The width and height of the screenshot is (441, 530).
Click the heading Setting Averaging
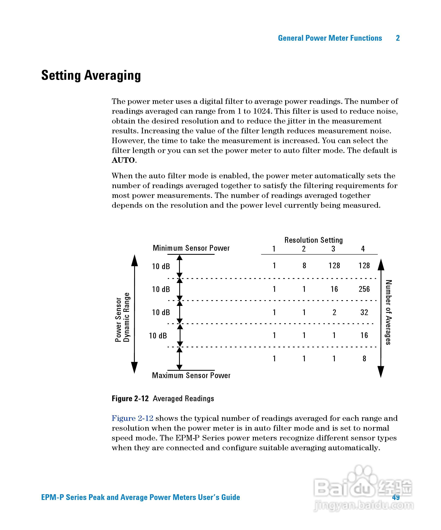click(91, 75)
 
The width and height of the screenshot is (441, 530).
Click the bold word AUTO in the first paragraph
click(123, 160)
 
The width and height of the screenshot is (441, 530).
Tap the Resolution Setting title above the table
click(313, 240)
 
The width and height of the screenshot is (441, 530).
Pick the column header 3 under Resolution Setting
click(333, 249)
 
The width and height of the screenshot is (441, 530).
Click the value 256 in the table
click(364, 289)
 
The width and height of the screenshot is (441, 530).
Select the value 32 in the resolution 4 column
click(364, 312)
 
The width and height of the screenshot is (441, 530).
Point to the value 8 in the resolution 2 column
click(304, 265)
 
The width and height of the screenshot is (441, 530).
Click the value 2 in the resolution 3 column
click(334, 312)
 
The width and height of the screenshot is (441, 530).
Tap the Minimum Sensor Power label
click(191, 248)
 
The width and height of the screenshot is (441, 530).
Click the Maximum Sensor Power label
click(191, 376)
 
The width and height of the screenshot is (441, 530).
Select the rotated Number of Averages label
click(388, 312)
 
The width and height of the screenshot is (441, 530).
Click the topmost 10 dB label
click(161, 266)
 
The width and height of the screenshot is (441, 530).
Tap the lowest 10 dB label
click(158, 336)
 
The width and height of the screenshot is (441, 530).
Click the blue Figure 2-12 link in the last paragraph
click(132, 418)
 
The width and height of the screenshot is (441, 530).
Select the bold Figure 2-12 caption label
click(130, 399)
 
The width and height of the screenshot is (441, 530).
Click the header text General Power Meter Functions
click(330, 38)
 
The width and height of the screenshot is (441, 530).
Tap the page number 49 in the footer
click(396, 497)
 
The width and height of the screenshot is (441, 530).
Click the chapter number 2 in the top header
click(398, 38)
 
